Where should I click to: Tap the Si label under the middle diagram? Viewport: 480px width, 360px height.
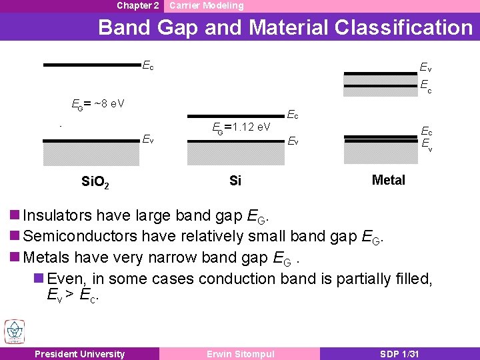(x=235, y=181)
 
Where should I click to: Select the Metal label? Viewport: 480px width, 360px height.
(x=388, y=180)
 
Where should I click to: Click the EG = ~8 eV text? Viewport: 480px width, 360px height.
(x=98, y=104)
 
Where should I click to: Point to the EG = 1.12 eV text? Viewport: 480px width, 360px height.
(x=241, y=127)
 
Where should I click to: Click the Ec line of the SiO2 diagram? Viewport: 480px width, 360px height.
(x=91, y=65)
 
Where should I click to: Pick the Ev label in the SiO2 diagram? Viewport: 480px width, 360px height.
(x=148, y=139)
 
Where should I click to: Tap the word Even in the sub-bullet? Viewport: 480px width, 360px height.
(x=67, y=278)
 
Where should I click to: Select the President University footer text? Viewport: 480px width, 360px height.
(x=79, y=354)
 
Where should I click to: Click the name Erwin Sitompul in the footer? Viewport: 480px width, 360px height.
(x=239, y=354)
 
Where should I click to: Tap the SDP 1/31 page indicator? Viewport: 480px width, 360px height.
(x=399, y=354)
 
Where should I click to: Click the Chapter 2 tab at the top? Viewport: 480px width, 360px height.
(x=137, y=5)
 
